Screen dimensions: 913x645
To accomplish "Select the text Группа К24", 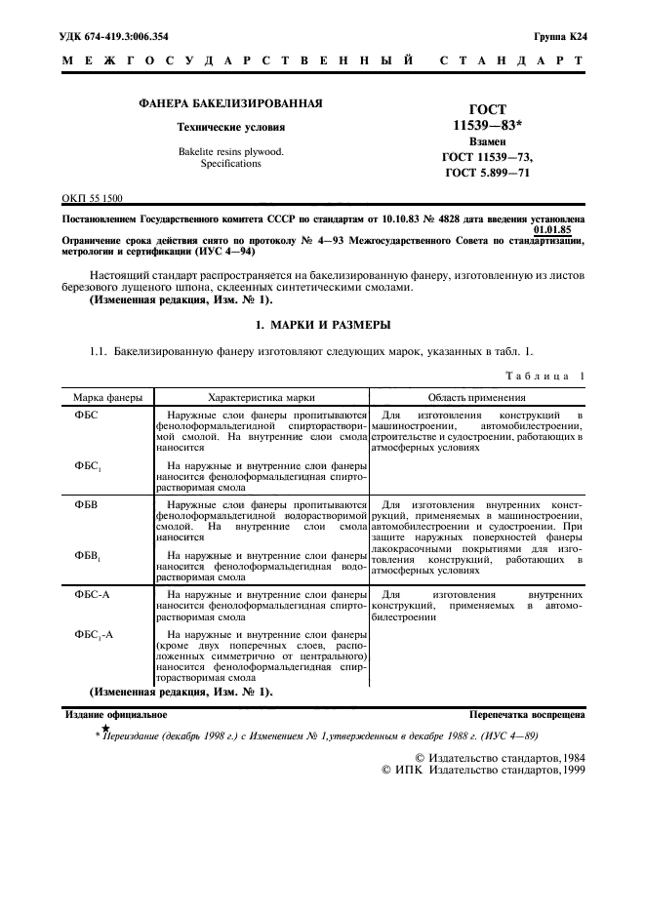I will [559, 37].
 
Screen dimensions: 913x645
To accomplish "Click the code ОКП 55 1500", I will [93, 198].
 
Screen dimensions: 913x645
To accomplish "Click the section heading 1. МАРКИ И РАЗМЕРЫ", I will [323, 323].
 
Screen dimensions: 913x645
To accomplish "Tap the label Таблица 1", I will [544, 376].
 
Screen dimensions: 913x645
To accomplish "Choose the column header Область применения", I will [478, 398].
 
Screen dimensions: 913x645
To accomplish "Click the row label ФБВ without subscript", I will [87, 504].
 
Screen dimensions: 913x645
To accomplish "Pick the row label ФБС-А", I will [93, 593].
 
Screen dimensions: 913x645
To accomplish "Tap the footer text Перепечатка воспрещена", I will [527, 714].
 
